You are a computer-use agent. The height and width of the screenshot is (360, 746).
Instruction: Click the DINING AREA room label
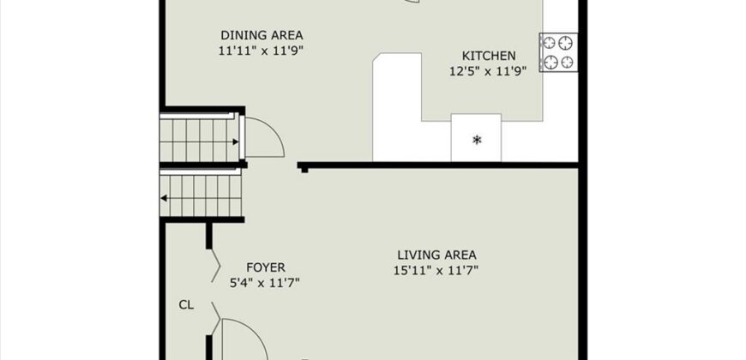tap(262, 35)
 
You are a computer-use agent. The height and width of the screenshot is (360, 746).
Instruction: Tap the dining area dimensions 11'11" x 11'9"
tap(261, 51)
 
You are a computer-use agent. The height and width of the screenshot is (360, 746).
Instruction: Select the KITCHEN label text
tap(489, 56)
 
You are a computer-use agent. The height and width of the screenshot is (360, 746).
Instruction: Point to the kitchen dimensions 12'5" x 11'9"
tap(488, 71)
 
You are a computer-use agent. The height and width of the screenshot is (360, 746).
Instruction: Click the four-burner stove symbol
tap(558, 52)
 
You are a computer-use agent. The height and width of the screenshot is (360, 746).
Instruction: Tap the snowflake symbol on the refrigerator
tap(476, 140)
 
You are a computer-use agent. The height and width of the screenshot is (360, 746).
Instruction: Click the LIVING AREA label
tap(436, 255)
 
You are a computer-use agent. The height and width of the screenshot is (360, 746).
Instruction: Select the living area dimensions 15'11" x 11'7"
tap(436, 271)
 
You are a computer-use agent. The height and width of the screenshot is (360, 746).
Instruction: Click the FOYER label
tap(266, 267)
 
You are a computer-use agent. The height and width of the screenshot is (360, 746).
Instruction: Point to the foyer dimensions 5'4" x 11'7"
tap(264, 283)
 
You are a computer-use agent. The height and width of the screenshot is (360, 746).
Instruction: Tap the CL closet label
tap(186, 305)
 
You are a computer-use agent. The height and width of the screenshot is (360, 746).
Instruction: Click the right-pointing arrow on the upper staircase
tap(235, 141)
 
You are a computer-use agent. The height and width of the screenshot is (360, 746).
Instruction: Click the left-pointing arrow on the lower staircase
tap(164, 198)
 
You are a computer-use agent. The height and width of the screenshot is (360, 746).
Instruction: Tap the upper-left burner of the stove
tap(549, 43)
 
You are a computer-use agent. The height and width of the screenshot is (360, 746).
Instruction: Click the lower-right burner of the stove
tap(567, 62)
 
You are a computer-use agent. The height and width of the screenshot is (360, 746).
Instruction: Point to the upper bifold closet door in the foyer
tap(215, 267)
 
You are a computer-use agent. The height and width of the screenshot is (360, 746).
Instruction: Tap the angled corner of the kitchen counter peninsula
tap(376, 57)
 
